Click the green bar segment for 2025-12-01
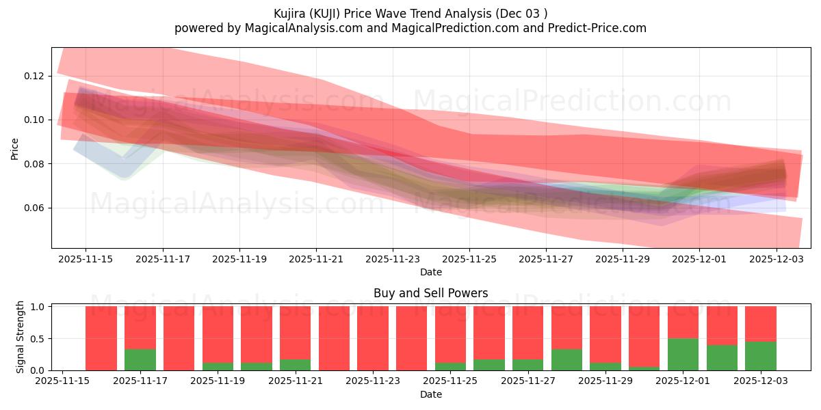[683, 354]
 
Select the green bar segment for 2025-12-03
[760, 356]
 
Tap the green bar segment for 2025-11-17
[140, 359]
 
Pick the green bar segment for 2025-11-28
[566, 359]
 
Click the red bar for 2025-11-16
[101, 338]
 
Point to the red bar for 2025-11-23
[373, 338]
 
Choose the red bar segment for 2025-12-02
[722, 325]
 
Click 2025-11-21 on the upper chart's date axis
[316, 260]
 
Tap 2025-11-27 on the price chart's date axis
[546, 260]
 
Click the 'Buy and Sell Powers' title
[431, 293]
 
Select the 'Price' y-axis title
[15, 148]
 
